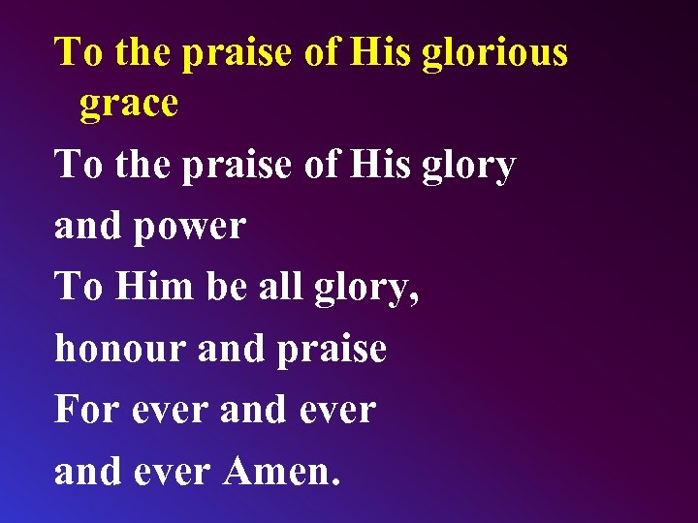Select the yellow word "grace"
point(129,105)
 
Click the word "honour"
point(120,348)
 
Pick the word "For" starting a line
point(85,409)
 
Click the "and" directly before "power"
point(87,227)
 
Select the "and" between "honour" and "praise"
point(230,348)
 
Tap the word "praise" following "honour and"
point(332,348)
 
